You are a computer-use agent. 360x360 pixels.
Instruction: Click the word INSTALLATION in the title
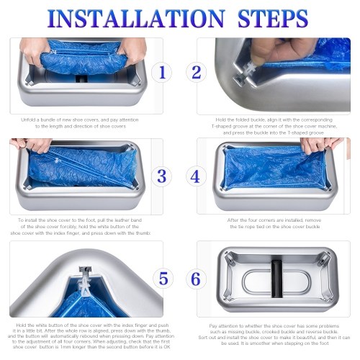coord(136,19)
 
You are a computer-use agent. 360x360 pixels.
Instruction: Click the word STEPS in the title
coord(273,19)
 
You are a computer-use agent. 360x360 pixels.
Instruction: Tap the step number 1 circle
coord(162,72)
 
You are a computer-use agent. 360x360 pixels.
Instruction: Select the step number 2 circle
coord(197,72)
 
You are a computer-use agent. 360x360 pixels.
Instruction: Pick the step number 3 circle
coord(162,176)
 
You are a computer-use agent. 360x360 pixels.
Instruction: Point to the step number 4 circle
coord(195,176)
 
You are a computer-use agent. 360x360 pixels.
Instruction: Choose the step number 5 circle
coord(163,279)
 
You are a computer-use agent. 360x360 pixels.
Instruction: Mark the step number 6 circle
coord(196,279)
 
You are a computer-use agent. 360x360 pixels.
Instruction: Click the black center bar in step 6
coord(276,279)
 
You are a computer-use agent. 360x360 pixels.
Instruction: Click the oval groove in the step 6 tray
coord(276,282)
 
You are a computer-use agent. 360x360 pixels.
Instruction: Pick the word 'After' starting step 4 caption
coord(233,220)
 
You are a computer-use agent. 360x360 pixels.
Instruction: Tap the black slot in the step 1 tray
coord(81,78)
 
